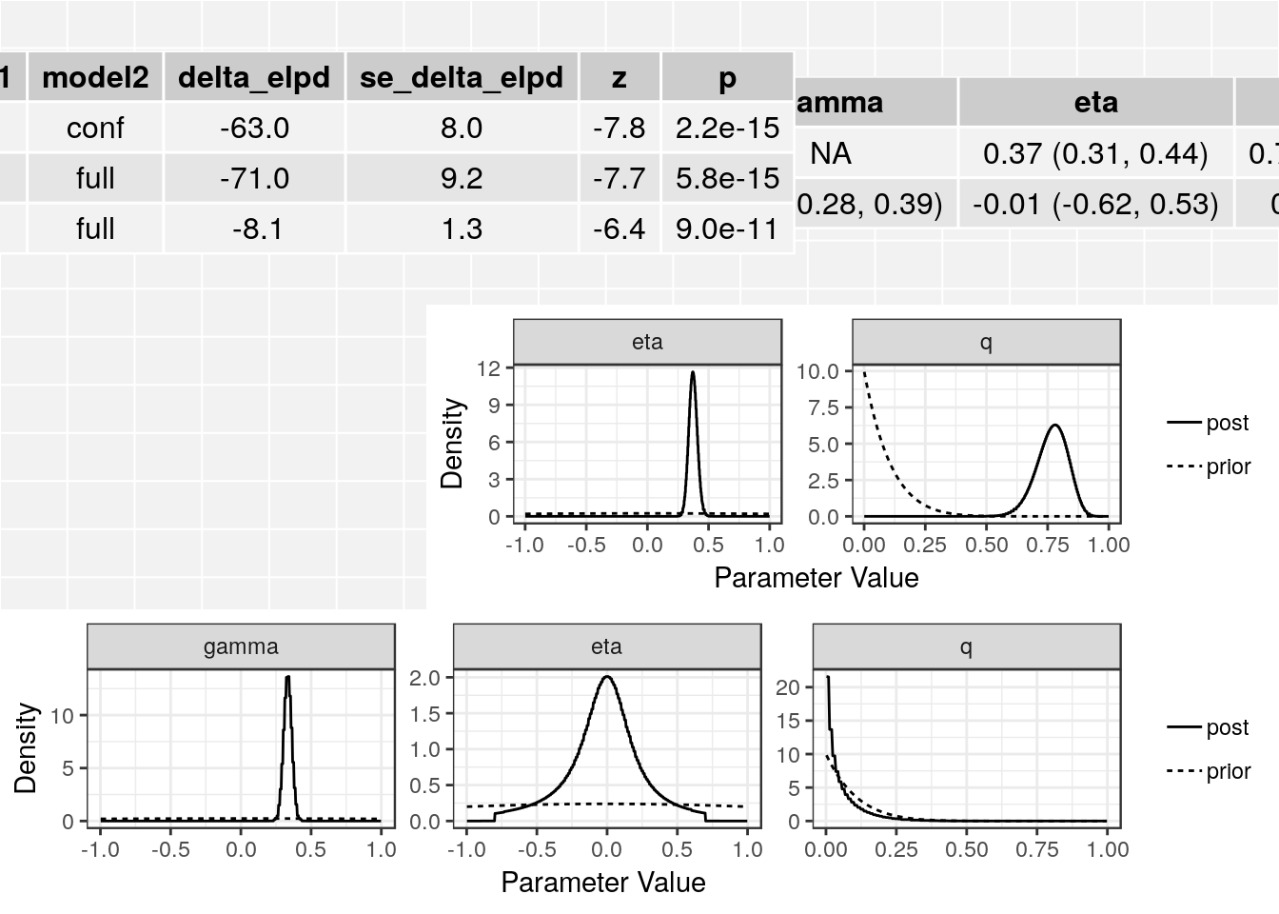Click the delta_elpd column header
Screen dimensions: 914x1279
coord(254,77)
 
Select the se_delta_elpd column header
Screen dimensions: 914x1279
coord(462,77)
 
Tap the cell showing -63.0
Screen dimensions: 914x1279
coord(254,128)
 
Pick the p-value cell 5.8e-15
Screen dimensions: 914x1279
coord(727,178)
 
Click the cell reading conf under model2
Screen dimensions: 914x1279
coord(95,128)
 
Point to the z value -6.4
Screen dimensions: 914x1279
coord(619,228)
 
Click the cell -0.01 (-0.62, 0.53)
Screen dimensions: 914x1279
coord(1095,204)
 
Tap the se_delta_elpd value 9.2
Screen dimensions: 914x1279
coord(462,178)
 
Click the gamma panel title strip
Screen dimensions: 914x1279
coord(241,646)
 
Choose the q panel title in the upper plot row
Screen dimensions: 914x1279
coord(986,342)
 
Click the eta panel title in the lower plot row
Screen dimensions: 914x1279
coord(606,646)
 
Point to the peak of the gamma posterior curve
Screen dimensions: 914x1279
coord(287,677)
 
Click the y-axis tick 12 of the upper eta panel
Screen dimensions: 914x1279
coord(488,368)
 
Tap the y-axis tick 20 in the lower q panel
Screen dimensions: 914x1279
coord(787,686)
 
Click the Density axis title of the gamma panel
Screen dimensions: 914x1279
coord(26,748)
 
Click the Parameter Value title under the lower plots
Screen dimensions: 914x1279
coord(603,883)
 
